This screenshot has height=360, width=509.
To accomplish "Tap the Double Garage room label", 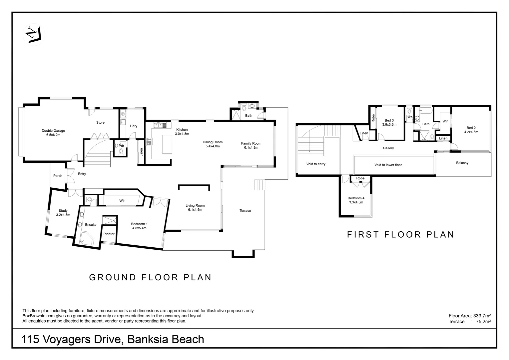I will point(53,133).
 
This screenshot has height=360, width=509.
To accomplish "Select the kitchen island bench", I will point(167,144).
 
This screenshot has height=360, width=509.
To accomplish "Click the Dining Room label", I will point(213,144).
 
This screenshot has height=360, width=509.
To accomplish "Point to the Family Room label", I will point(251,145).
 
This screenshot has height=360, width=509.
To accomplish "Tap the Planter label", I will point(109,234).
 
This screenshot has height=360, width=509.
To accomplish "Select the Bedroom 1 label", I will point(139,226).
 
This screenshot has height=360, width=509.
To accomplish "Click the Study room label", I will point(63,213).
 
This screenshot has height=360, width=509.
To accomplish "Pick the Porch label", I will point(58,176).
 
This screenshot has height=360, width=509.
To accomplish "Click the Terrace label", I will point(245,211).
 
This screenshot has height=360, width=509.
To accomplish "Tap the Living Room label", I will point(195,207).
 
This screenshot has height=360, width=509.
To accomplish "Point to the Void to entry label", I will point(316,164).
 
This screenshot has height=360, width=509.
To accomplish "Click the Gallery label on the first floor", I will point(388,148).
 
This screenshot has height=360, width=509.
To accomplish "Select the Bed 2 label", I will point(471,130).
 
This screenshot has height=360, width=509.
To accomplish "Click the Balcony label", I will point(462,163).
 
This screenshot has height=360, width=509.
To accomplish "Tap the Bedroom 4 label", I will point(356,200).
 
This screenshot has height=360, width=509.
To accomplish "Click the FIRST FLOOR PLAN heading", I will point(401,235).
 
